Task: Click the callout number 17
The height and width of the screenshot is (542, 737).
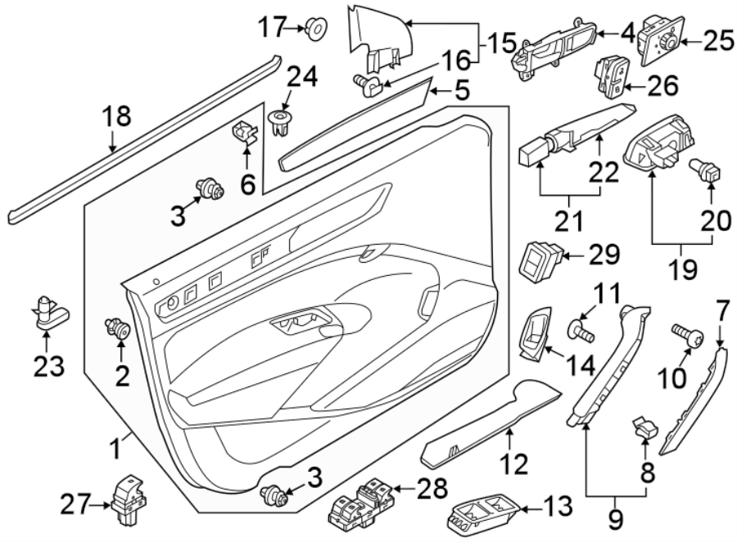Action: point(272,29)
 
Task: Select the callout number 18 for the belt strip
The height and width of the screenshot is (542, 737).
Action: point(117,117)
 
